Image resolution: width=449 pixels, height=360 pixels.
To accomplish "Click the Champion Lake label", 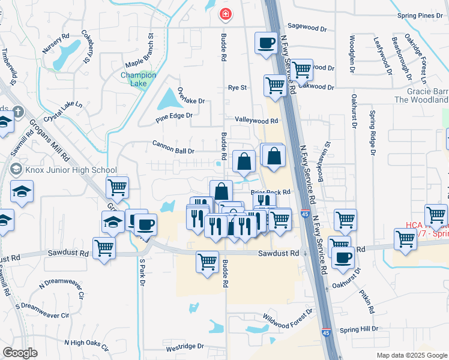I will point(139,79).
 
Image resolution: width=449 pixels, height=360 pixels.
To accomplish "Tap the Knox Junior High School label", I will point(62,170).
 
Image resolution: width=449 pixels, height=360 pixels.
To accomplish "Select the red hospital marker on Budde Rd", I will point(226,13).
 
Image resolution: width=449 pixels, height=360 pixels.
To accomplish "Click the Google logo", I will point(20,353).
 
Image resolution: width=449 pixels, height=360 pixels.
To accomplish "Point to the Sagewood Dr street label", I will point(307,27).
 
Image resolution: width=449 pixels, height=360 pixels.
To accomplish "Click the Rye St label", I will point(237,88).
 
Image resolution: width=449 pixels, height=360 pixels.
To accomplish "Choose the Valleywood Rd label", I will point(256,121).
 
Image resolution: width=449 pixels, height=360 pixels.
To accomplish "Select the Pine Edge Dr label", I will point(174,115).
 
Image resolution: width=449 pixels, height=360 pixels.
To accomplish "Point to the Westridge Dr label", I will point(185,347).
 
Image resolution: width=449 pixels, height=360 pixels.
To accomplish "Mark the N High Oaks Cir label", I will point(87,344).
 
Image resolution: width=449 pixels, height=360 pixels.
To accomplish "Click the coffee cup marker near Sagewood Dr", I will point(265,43).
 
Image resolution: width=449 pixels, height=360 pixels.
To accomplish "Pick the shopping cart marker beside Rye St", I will point(275,85).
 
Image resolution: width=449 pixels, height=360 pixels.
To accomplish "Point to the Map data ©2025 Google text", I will point(412,355).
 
